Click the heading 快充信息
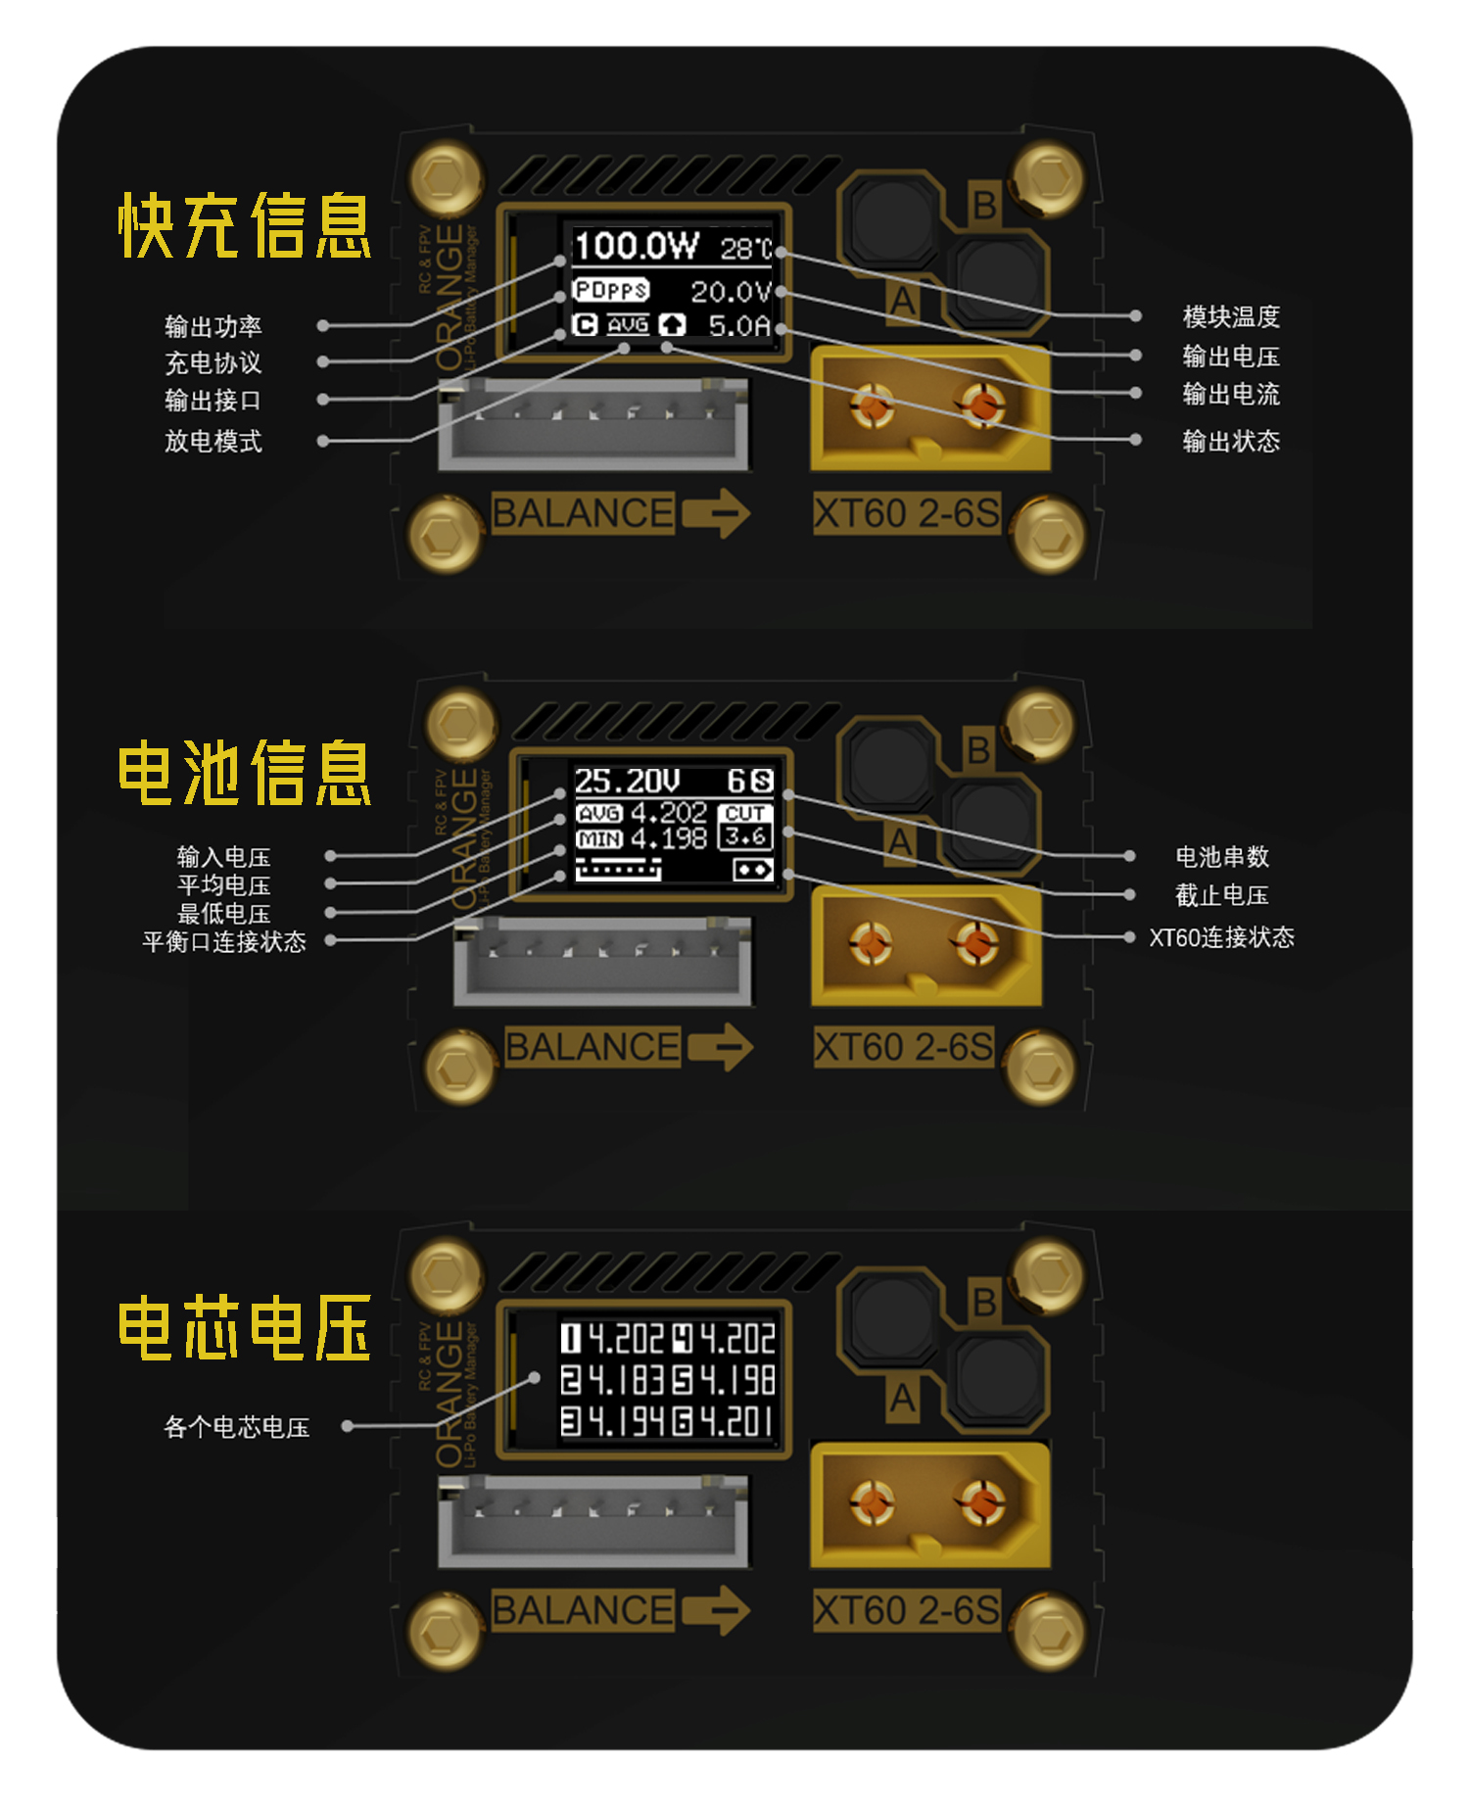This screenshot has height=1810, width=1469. click(245, 225)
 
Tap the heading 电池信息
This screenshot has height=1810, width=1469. click(245, 773)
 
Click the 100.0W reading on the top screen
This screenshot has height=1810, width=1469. click(637, 246)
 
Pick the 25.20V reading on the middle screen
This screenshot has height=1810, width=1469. click(627, 782)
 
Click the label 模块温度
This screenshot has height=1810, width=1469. click(1231, 316)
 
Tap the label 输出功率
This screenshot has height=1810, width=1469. click(213, 326)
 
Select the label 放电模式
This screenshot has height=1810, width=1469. click(213, 441)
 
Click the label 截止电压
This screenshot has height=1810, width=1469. click(1221, 895)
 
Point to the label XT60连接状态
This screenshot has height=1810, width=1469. click(1221, 937)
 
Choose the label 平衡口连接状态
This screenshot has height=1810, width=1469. click(224, 941)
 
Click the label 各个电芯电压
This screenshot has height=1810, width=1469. click(237, 1427)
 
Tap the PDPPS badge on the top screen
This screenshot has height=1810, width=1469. click(611, 291)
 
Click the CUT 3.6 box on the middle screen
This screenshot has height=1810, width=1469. click(745, 826)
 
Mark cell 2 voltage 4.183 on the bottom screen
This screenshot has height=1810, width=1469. click(614, 1380)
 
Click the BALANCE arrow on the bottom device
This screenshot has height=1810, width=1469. click(717, 1610)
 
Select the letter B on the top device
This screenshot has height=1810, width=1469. click(983, 206)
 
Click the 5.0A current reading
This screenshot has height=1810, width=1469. click(739, 325)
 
